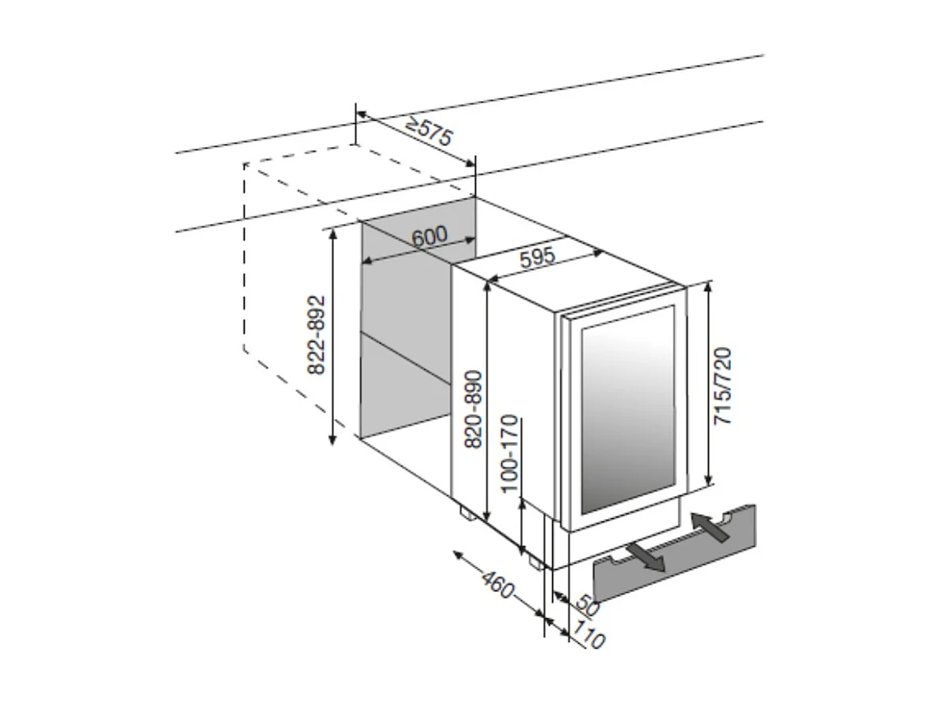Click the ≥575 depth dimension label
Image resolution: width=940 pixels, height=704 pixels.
click(429, 132)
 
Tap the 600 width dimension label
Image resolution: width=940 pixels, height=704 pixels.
click(430, 236)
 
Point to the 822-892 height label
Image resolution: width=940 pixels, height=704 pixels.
click(316, 335)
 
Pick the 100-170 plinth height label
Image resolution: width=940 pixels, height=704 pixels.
click(511, 453)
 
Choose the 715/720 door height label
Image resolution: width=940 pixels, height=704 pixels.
click(724, 385)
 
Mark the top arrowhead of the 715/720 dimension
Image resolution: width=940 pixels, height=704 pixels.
click(709, 287)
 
